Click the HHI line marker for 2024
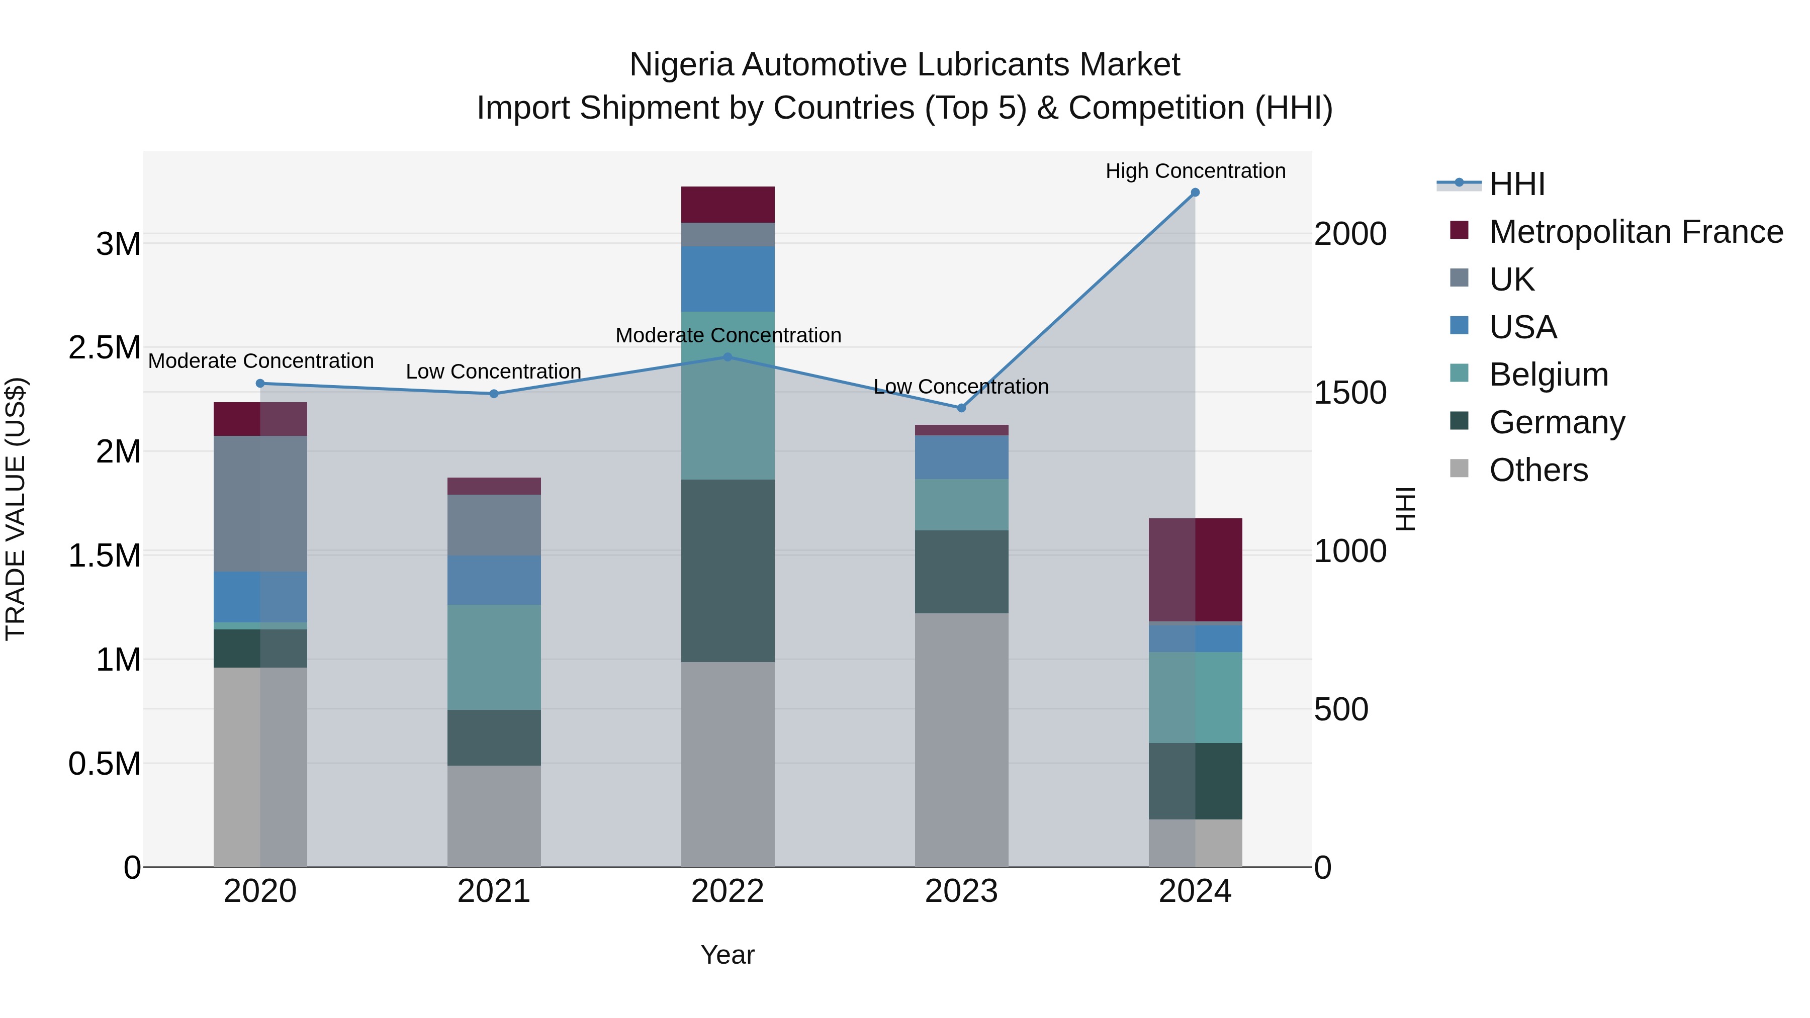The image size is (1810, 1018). point(1195,193)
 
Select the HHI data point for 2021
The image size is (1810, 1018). point(493,394)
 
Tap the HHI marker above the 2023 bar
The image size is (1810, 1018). point(961,408)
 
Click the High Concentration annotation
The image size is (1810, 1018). point(1195,171)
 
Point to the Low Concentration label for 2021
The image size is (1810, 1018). point(493,372)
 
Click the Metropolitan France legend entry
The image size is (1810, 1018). point(1635,232)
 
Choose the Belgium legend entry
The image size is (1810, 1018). point(1548,375)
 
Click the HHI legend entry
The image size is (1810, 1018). point(1516,184)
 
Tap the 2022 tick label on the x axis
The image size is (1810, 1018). point(727,891)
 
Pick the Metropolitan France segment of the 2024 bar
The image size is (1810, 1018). point(1195,570)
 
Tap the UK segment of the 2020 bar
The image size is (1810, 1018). point(260,504)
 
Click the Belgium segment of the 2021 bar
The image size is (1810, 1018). point(493,657)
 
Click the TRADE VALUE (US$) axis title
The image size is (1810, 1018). point(16,509)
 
